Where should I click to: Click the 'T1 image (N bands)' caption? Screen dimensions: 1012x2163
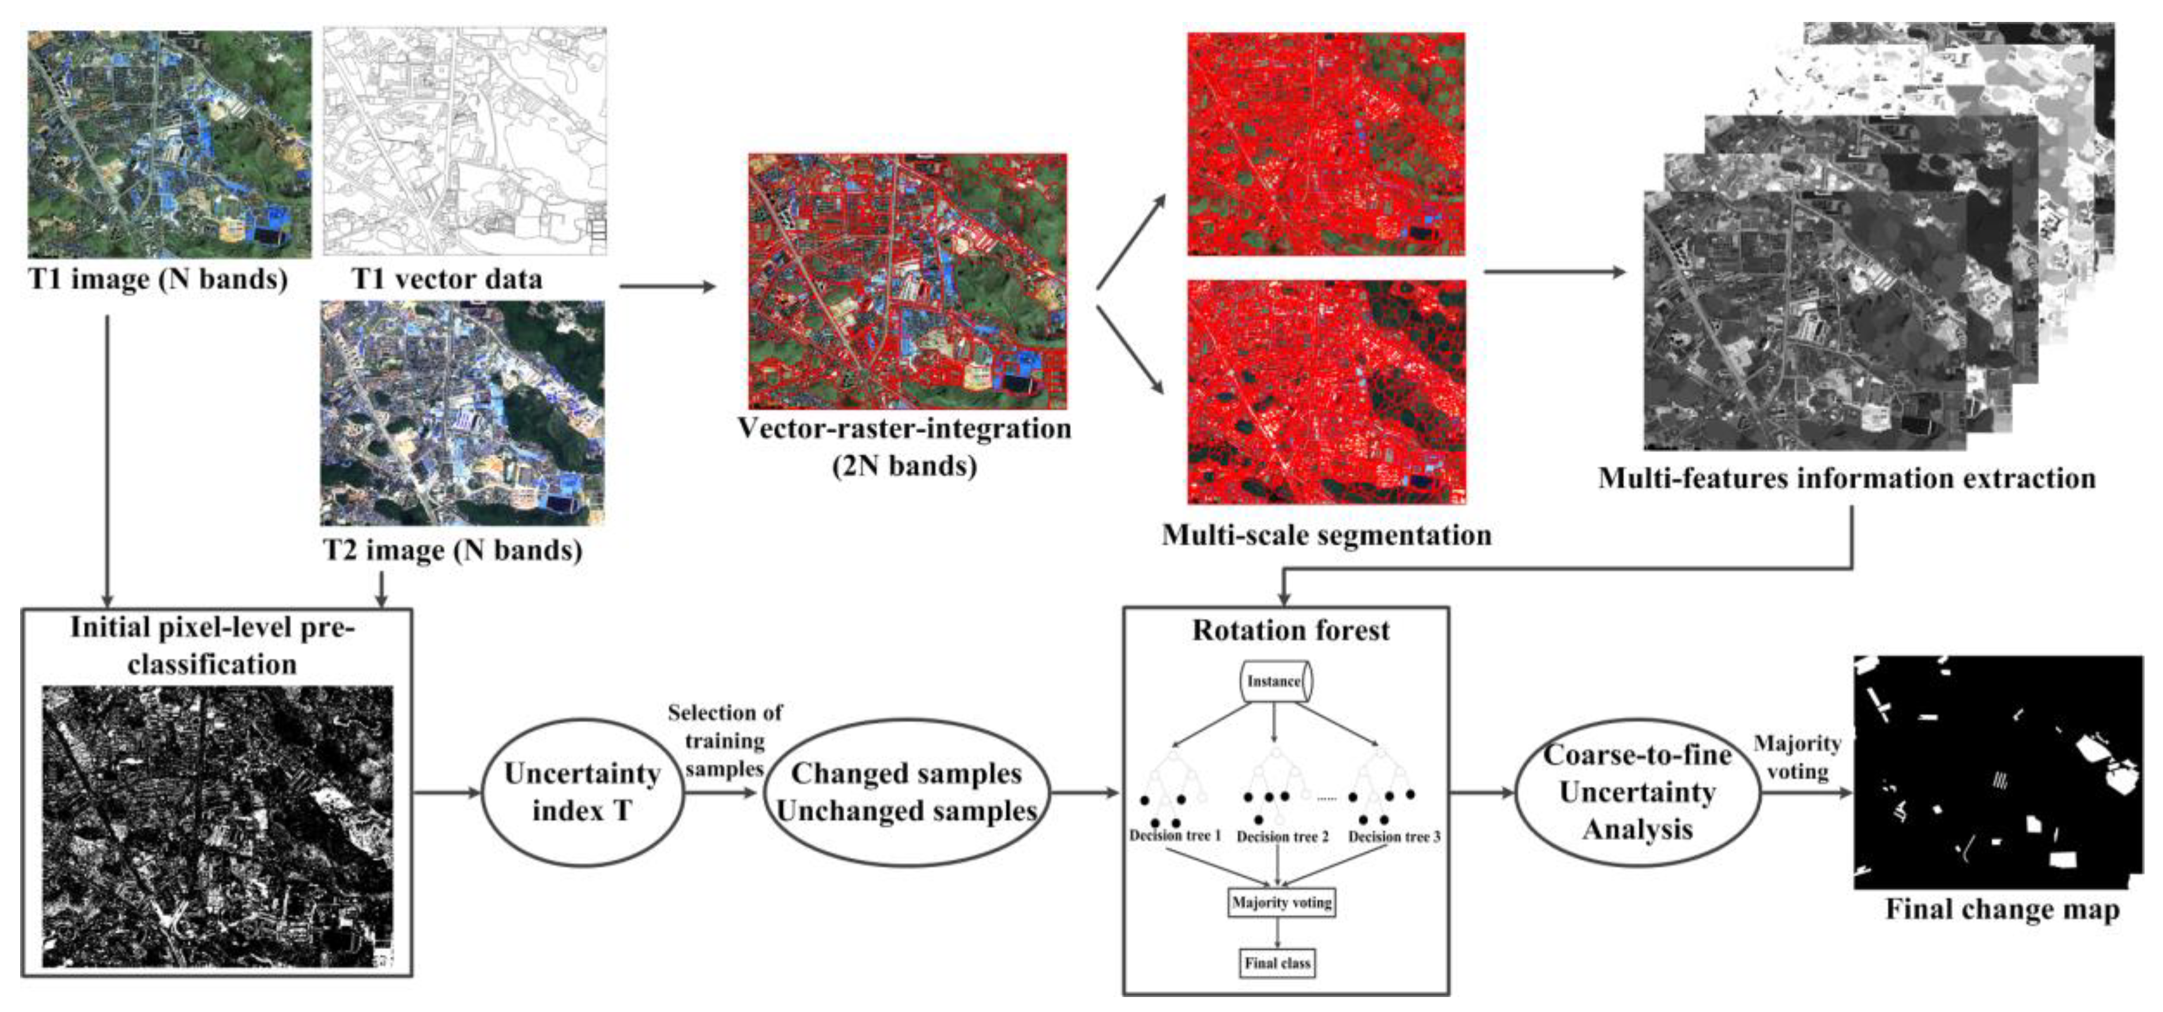point(158,279)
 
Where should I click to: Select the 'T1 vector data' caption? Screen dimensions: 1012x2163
point(447,279)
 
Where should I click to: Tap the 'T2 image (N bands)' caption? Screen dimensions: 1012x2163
point(452,550)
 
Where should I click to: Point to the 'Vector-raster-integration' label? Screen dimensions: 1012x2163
point(904,429)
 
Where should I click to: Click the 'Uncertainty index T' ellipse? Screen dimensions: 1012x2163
point(582,792)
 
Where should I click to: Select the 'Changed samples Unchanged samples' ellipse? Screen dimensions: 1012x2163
point(906,792)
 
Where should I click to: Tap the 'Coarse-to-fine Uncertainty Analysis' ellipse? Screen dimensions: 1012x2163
point(1637,792)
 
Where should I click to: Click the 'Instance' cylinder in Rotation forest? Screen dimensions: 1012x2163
point(1275,681)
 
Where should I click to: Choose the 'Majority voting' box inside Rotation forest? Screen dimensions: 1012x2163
point(1281,903)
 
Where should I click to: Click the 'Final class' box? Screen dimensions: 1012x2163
point(1277,964)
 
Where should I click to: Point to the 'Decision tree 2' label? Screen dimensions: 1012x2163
point(1282,837)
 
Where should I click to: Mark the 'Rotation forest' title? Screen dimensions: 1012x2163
point(1290,631)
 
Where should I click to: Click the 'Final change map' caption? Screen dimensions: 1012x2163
point(2002,909)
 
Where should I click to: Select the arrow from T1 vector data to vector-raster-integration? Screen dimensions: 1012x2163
point(667,287)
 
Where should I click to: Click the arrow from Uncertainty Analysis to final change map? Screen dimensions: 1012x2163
point(1805,792)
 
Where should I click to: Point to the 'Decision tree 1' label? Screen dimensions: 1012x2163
point(1175,836)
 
